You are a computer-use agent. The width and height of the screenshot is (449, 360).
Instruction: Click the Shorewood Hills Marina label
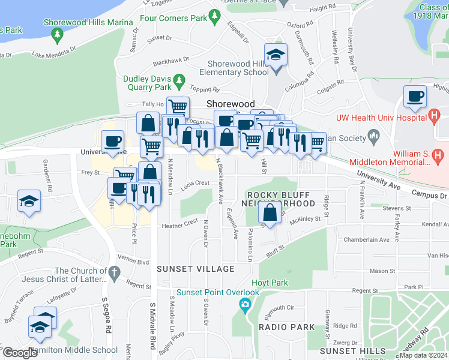[88, 22]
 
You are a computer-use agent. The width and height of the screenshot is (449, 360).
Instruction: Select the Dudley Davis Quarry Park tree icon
[178, 80]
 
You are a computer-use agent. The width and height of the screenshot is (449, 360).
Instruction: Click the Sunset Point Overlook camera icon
[245, 306]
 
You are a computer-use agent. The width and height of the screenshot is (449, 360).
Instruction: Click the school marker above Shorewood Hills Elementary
[276, 55]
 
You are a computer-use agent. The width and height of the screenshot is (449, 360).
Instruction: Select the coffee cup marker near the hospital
[415, 97]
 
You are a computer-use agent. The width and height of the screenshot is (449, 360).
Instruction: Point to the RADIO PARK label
[287, 327]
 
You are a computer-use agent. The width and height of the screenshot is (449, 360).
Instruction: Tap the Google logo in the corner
[20, 353]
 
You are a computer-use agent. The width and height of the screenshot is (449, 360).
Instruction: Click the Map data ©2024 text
[424, 355]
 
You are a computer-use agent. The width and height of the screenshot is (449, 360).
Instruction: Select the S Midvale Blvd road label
[152, 324]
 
